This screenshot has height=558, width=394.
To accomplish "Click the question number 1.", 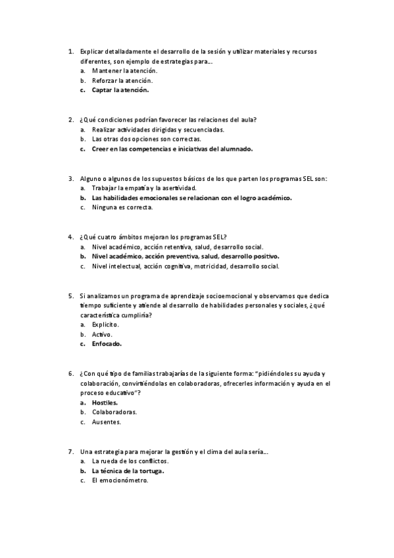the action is coord(70,51).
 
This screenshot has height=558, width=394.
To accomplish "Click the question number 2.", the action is coord(70,120).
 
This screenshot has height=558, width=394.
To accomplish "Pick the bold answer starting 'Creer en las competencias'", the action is coord(172,149).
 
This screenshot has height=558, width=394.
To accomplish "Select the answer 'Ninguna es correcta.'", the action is coord(122,207).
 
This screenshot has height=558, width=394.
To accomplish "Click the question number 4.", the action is coord(70,237).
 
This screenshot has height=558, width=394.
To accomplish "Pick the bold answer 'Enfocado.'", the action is coord(107,343).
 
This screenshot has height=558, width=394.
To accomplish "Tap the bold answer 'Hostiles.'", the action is coord(105,402).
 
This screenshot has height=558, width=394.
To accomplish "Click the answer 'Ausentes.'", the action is coord(107,422).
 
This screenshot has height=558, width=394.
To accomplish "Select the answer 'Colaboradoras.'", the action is coord(114,412).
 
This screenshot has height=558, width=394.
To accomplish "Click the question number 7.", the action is coord(70,451).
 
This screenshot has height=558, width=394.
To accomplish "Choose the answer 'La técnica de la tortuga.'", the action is coord(128,471).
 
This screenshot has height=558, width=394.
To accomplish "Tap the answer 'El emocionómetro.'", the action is coord(120,480).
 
